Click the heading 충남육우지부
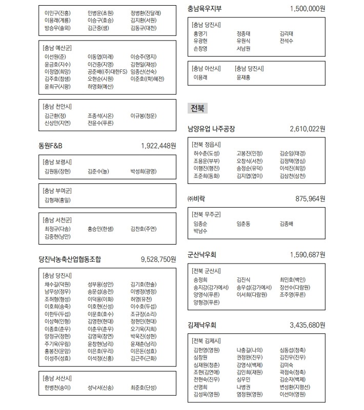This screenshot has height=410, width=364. (x=205, y=9)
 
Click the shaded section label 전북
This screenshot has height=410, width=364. (x=197, y=108)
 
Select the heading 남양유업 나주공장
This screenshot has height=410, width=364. (x=212, y=129)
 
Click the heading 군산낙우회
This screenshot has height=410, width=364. (x=202, y=254)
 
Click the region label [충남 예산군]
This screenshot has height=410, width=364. (x=57, y=48)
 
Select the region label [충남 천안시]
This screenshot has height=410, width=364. (x=57, y=107)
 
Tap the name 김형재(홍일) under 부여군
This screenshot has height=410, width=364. (x=57, y=200)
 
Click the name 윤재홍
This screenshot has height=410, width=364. (x=244, y=77)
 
